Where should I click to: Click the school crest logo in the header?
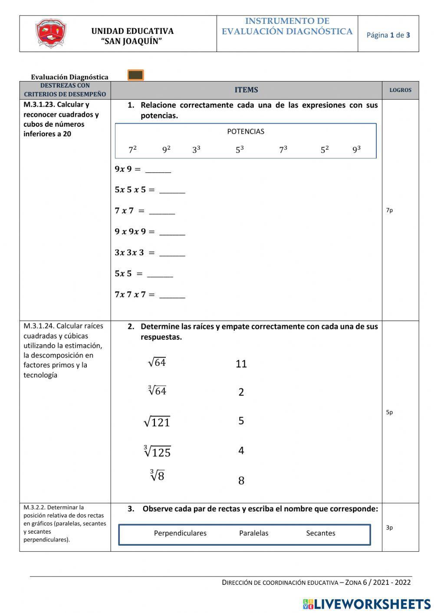tap(51, 33)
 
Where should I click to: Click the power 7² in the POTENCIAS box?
tap(132, 150)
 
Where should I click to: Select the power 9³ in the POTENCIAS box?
tap(356, 150)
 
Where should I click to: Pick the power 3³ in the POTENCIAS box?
tap(196, 150)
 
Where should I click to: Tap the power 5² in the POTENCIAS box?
tap(324, 150)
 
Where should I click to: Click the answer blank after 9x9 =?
tap(158, 170)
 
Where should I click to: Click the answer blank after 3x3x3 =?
tap(172, 254)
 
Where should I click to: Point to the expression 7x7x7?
tap(130, 295)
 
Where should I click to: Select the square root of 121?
tap(157, 422)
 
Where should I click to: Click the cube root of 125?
tap(157, 452)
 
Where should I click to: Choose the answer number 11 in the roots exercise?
tap(241, 364)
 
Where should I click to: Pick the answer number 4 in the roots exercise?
tap(241, 451)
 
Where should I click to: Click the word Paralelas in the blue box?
tap(253, 533)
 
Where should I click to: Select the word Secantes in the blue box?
tap(320, 533)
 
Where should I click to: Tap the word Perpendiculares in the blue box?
tap(180, 533)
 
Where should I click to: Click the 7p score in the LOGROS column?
tap(389, 210)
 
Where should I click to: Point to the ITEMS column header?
tap(246, 90)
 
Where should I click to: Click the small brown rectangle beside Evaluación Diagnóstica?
tap(135, 75)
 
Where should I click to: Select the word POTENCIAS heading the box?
tap(246, 131)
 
